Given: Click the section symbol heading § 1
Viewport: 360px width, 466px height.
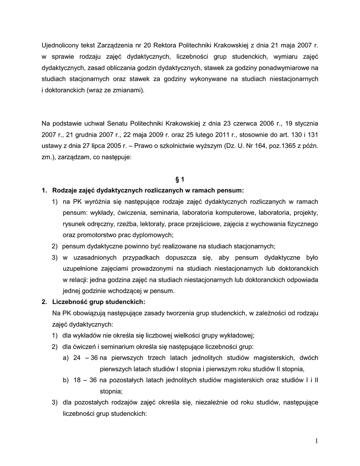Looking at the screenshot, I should pos(180,179).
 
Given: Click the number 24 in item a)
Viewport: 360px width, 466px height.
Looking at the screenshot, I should pos(77,358).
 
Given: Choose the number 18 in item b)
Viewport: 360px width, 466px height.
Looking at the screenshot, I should pos(77,380).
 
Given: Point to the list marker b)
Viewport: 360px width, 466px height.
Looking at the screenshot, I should pos(66,380).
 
